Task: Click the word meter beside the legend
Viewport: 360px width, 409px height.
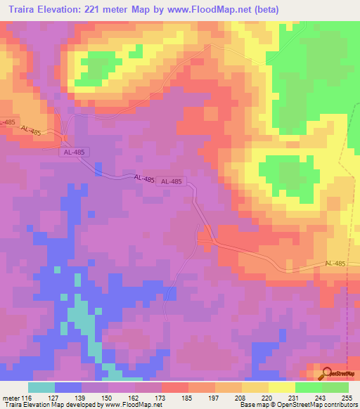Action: pyautogui.click(x=11, y=397)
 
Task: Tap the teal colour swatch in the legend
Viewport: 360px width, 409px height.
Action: pyautogui.click(x=41, y=387)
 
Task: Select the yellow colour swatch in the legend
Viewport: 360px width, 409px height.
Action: pyautogui.click(x=281, y=387)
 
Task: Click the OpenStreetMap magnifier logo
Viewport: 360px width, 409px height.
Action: pyautogui.click(x=325, y=373)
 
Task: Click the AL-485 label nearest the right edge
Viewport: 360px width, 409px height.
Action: pyautogui.click(x=335, y=263)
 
